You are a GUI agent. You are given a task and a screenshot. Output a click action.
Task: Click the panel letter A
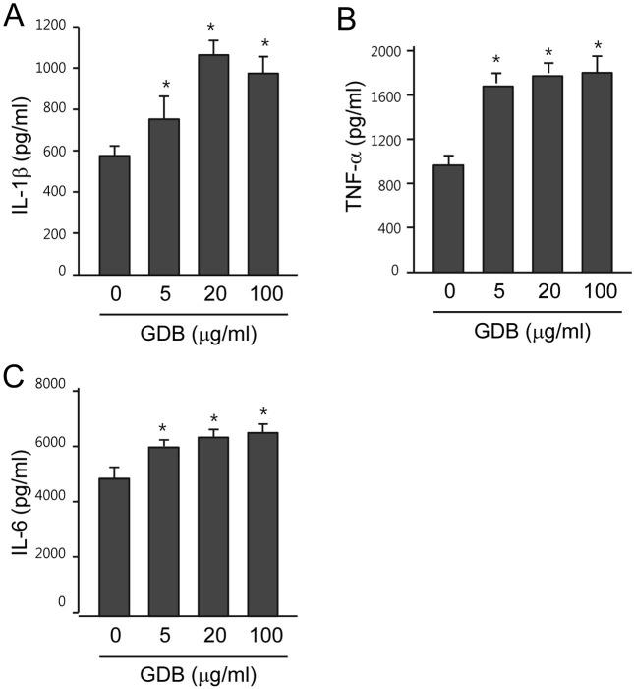click(15, 17)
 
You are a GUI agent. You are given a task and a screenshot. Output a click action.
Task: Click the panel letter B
click(344, 17)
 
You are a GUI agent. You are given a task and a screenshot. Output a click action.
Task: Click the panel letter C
click(15, 377)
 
